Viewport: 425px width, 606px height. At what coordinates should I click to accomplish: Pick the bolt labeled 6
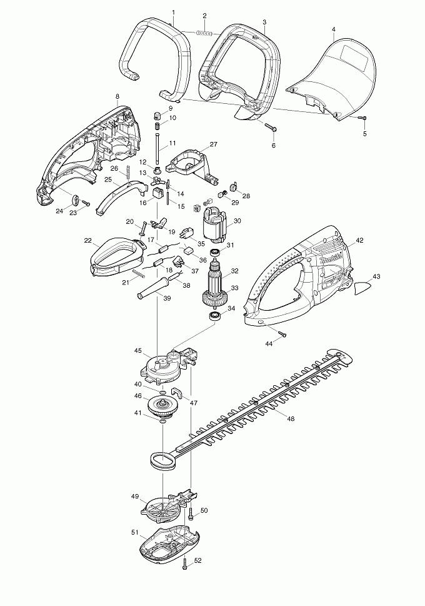272,129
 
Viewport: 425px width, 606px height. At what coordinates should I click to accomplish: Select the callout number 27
213,144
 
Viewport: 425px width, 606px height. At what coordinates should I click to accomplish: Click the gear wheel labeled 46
163,405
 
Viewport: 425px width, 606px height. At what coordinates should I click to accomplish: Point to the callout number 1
173,13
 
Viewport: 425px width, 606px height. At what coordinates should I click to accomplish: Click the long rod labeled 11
156,147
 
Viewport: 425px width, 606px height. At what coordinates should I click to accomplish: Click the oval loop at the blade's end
162,462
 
